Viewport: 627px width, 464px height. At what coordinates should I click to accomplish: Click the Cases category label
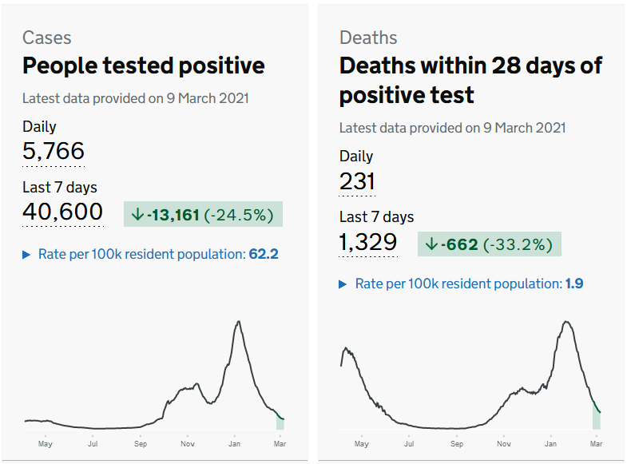click(x=46, y=38)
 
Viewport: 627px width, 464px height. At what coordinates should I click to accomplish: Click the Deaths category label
click(x=368, y=38)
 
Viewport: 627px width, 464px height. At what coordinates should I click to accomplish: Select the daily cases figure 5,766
click(x=54, y=151)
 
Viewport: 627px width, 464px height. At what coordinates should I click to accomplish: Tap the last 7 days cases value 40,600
click(x=63, y=212)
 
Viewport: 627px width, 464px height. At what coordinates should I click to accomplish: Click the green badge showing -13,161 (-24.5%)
click(x=203, y=214)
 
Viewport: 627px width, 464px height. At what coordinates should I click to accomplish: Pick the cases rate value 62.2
click(x=263, y=254)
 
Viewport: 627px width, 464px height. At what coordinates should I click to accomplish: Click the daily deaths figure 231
click(x=357, y=181)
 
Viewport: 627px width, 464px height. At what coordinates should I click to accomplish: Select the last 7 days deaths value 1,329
click(x=368, y=242)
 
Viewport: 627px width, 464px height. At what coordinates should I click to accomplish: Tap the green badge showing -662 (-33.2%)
click(x=489, y=244)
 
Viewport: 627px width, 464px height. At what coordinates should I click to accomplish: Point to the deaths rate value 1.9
click(x=574, y=284)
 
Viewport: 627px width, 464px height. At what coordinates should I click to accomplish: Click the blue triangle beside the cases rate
click(x=27, y=255)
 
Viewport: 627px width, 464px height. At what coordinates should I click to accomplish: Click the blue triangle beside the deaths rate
click(x=343, y=284)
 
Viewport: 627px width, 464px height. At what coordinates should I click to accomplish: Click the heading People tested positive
click(x=143, y=65)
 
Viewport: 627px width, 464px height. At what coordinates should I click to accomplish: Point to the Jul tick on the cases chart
click(x=93, y=442)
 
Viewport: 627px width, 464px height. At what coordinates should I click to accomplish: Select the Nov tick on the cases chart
click(x=188, y=442)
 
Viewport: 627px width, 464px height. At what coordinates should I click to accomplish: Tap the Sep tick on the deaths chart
click(x=456, y=442)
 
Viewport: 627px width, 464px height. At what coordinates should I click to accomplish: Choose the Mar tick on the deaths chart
click(x=596, y=442)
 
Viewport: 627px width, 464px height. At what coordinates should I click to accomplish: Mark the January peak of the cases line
click(x=238, y=322)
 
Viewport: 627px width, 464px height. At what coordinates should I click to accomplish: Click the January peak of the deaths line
click(x=566, y=322)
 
